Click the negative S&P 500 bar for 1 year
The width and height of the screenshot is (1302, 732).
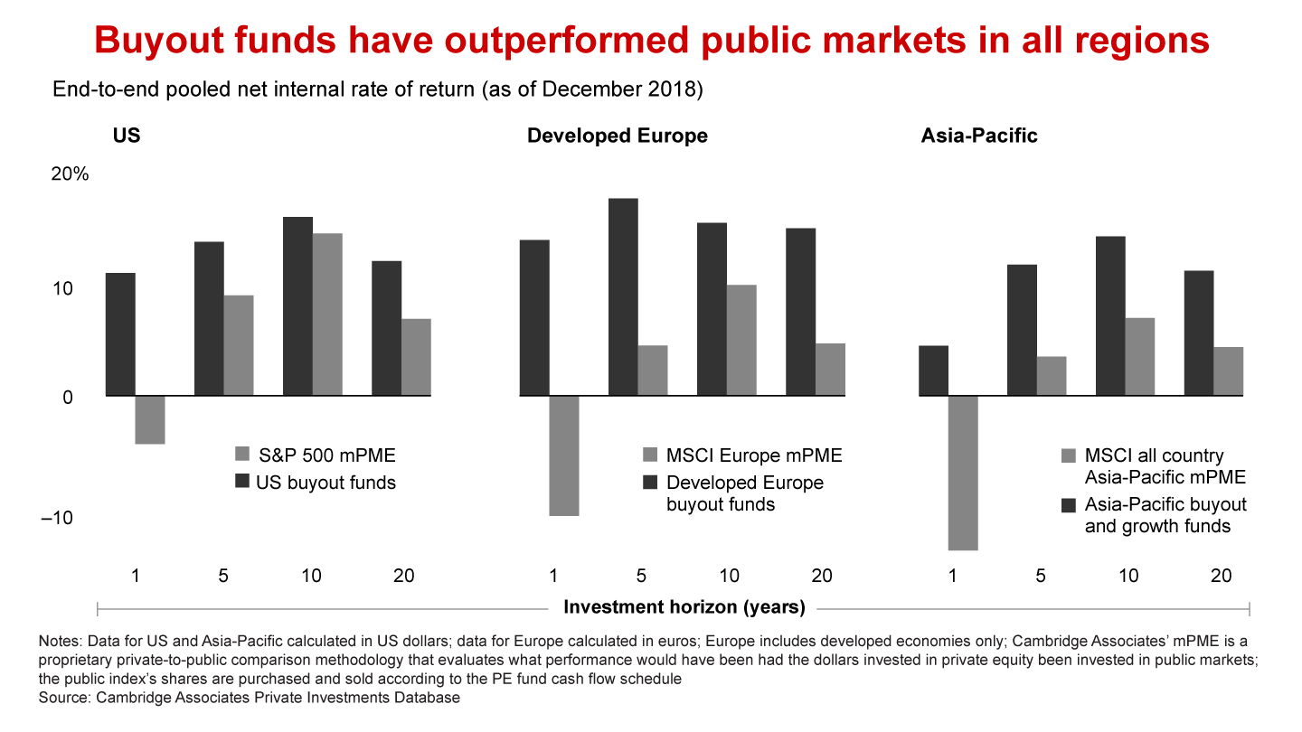coord(150,420)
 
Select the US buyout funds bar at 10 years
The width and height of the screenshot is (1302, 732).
coord(298,306)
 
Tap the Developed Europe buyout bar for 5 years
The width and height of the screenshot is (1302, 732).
coord(623,297)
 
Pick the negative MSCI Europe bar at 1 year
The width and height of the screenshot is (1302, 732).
coord(564,455)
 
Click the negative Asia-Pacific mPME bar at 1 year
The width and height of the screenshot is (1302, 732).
coord(964,473)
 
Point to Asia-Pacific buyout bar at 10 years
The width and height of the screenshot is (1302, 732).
coord(1111,316)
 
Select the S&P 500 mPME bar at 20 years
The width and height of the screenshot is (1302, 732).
coord(416,357)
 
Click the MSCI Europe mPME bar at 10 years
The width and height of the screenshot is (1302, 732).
coord(741,341)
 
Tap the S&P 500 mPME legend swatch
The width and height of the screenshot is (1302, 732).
coord(241,455)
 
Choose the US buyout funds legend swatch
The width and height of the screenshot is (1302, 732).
coord(241,482)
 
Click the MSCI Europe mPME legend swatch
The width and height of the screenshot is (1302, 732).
coord(649,455)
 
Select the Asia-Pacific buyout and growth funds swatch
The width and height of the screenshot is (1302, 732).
coord(1068,504)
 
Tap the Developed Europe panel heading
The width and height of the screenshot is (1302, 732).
coord(617,136)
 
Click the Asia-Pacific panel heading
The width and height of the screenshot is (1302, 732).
coord(979,136)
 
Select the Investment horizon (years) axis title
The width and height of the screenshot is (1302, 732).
coord(684,607)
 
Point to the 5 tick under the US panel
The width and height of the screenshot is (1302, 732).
coord(224,576)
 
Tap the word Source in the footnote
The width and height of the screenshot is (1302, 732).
coord(63,698)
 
